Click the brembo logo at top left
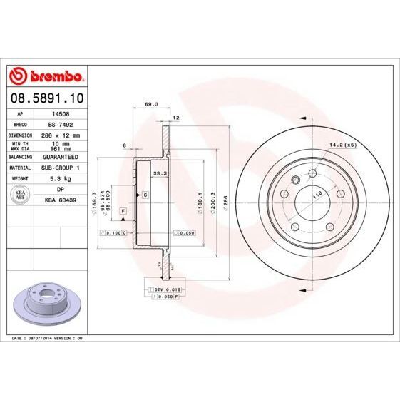(x=46, y=76)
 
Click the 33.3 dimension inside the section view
(x=160, y=173)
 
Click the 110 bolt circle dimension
(x=317, y=194)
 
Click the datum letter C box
(x=145, y=194)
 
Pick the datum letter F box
(x=123, y=212)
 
